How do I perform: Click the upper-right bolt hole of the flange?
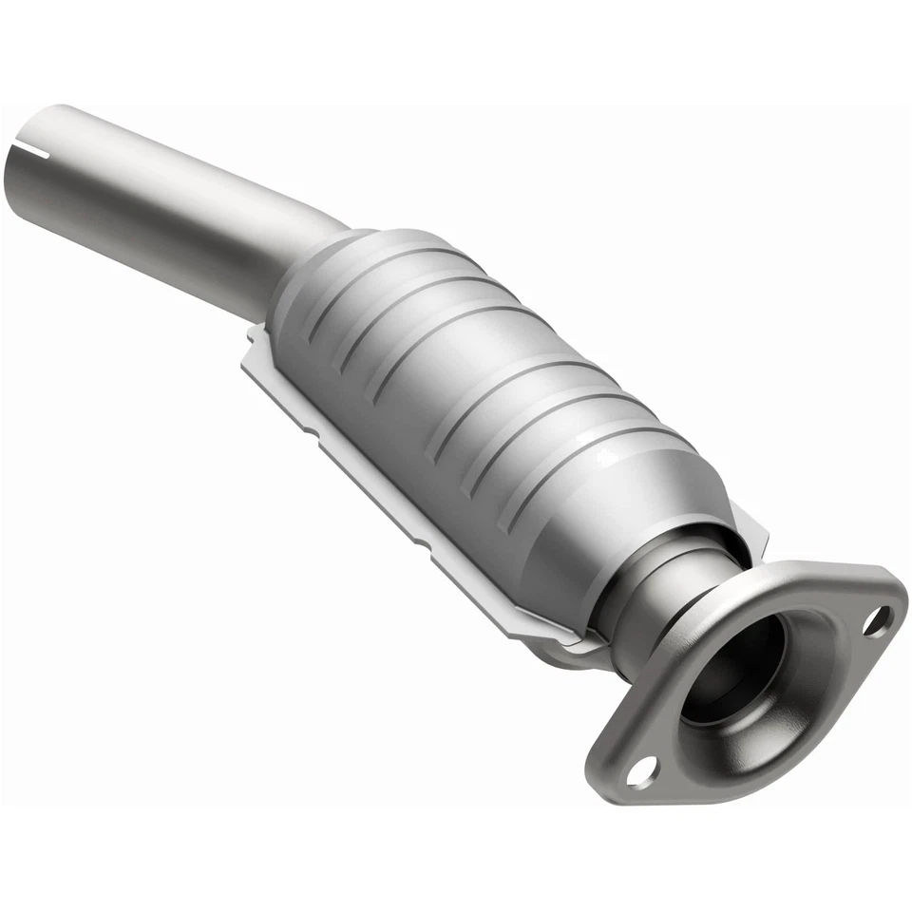[x=879, y=620]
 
